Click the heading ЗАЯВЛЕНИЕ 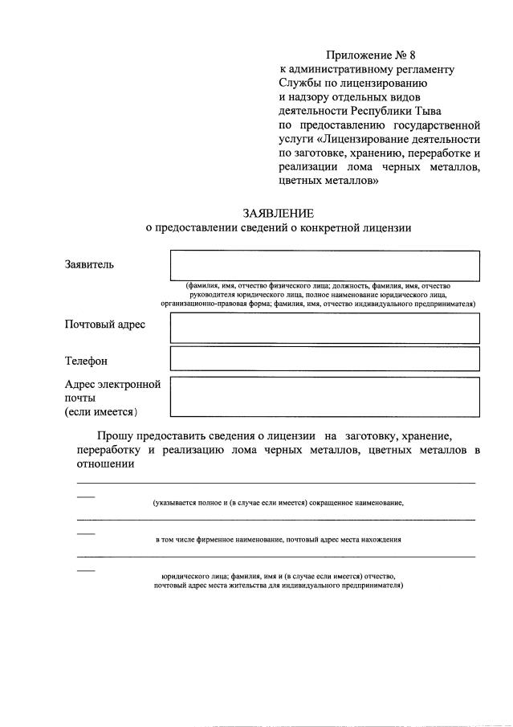click(x=279, y=213)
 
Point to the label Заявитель click(x=89, y=263)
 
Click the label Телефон click(x=86, y=361)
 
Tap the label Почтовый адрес click(x=104, y=324)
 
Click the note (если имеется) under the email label click(x=101, y=412)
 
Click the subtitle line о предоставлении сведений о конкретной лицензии click(x=278, y=227)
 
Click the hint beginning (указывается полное click(x=278, y=503)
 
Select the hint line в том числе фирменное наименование click(x=278, y=540)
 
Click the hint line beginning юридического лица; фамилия click(x=278, y=576)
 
